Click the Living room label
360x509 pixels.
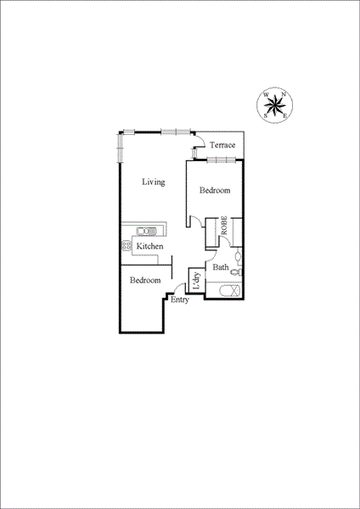pyautogui.click(x=153, y=182)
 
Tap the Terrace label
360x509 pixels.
pyautogui.click(x=223, y=145)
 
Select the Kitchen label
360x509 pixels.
pyautogui.click(x=150, y=246)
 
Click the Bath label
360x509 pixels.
pyautogui.click(x=220, y=267)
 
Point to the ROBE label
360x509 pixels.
pyautogui.click(x=225, y=227)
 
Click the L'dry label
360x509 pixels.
pyautogui.click(x=196, y=282)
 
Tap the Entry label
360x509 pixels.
pyautogui.click(x=179, y=300)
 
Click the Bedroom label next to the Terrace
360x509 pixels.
pyautogui.click(x=215, y=191)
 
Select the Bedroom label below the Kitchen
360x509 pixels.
pyautogui.click(x=145, y=280)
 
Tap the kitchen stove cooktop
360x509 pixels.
pyautogui.click(x=125, y=246)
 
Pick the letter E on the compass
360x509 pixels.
pyautogui.click(x=285, y=114)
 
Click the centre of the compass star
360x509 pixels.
pyautogui.click(x=274, y=103)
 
